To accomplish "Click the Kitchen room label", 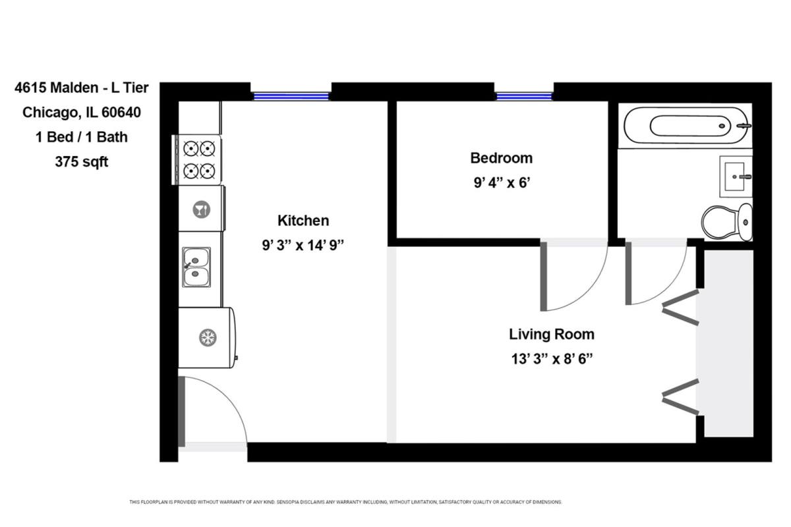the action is point(303,221).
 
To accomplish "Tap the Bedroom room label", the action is point(501,158).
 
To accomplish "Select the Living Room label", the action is point(552,334).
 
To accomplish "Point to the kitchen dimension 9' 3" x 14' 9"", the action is point(303,245).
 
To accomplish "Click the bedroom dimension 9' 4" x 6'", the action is point(502,183).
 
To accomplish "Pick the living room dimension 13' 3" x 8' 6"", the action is point(552,359).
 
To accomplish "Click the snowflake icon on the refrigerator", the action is point(208,337).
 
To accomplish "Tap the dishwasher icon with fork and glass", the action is point(201,209).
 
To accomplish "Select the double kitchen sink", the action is point(196,267).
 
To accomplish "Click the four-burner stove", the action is point(197,160).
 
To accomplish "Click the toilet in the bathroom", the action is point(727,223).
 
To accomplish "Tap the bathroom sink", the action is point(736,177).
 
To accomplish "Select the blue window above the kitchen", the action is point(291,96).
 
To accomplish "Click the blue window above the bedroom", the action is point(524,96).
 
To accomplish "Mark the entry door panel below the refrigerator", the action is point(181,412).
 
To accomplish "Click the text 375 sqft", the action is point(82,161).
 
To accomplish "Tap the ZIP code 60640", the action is point(121,112).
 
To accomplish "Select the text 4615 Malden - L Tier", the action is point(82,88).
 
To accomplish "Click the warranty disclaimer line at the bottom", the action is point(345,502).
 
